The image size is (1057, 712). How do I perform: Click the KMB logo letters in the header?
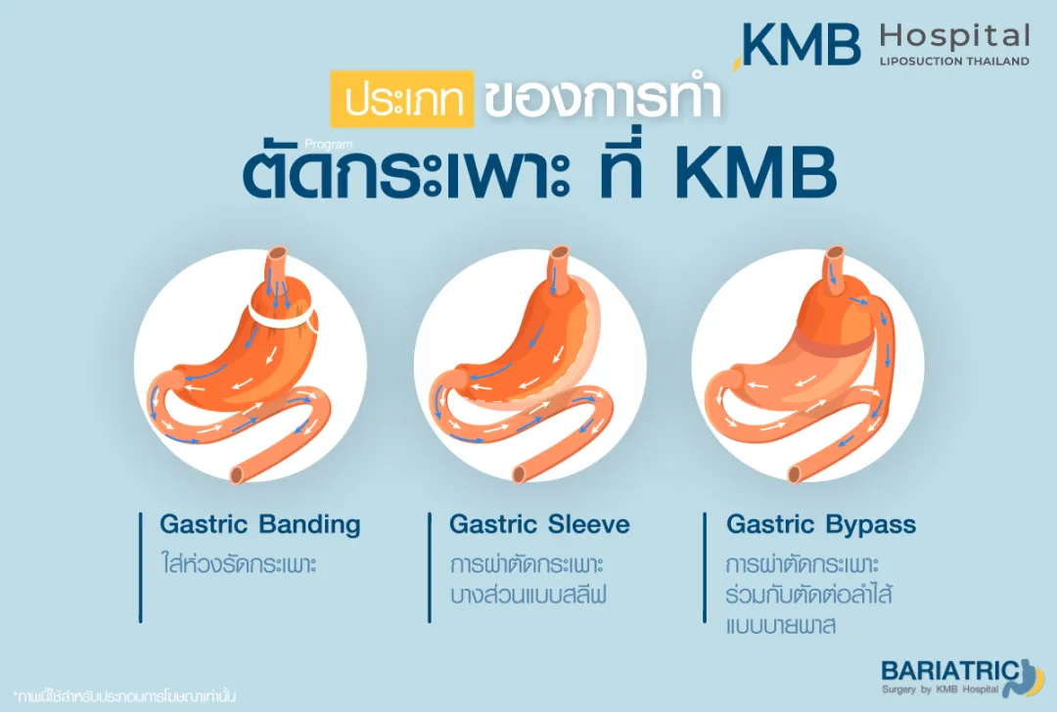[801, 44]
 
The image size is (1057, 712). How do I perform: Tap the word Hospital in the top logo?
[954, 37]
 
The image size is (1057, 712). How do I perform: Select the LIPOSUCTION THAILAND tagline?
[954, 62]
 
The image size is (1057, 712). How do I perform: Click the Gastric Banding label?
[260, 525]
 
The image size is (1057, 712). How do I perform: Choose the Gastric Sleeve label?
[539, 525]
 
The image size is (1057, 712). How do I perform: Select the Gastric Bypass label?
[821, 525]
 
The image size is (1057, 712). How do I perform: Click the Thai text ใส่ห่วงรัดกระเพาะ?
[239, 566]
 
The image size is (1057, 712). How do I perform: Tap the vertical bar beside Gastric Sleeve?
[430, 566]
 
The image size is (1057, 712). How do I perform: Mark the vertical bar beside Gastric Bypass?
[706, 566]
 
